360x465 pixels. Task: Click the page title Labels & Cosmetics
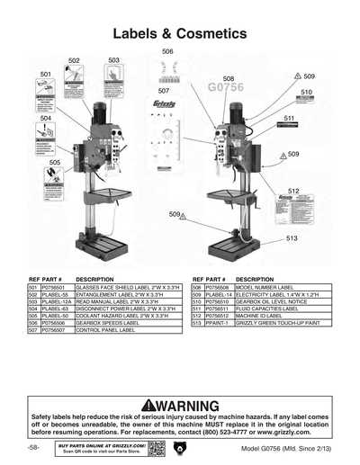point(179,33)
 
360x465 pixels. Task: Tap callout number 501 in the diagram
point(45,73)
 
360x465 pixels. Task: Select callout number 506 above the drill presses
point(167,52)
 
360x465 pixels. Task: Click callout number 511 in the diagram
point(290,118)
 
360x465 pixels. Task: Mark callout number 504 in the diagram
point(45,118)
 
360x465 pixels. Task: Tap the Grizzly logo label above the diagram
point(165,103)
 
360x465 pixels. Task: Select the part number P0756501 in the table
point(56,285)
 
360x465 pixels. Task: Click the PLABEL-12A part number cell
point(57,301)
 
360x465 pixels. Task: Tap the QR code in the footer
point(157,448)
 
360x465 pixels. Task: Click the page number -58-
point(33,447)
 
